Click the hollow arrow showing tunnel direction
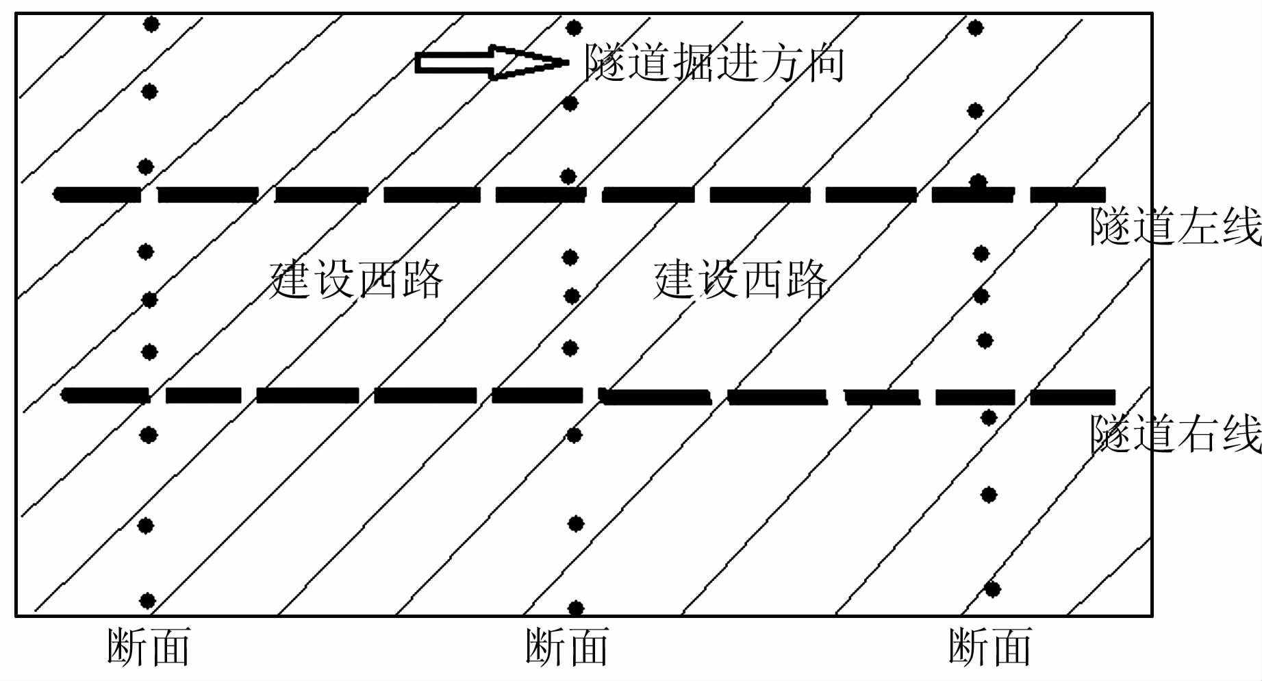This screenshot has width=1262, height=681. tap(490, 62)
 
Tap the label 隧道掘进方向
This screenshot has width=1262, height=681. tap(714, 63)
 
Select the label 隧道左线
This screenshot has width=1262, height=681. tap(1175, 226)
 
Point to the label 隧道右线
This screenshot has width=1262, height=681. tap(1175, 434)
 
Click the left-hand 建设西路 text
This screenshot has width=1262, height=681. tap(356, 280)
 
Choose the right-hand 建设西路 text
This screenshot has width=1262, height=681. tap(740, 280)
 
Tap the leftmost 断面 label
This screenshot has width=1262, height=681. tap(148, 647)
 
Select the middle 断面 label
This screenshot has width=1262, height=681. tap(566, 647)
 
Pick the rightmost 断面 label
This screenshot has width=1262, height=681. tap(989, 647)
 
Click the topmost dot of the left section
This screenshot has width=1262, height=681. tap(151, 25)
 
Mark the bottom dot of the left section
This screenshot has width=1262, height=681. tap(147, 601)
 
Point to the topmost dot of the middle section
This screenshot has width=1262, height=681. tap(574, 28)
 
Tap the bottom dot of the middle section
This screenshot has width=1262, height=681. tap(576, 608)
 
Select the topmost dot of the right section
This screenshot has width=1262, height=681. tap(976, 28)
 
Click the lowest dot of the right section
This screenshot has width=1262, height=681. tap(992, 589)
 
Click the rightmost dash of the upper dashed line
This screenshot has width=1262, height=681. tap(1068, 195)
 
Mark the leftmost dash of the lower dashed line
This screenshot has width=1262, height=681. tap(105, 395)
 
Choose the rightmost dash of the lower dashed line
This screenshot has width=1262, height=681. tap(1072, 397)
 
